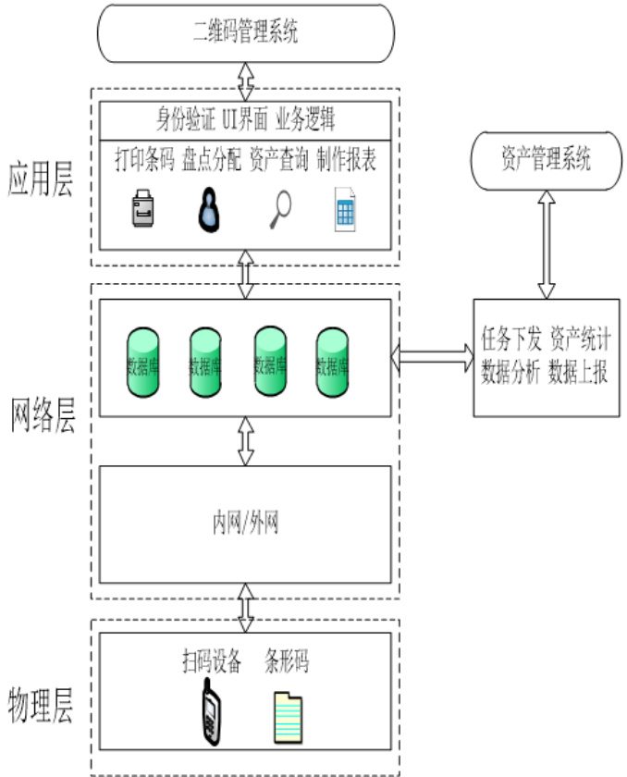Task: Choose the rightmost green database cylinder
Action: coord(332,361)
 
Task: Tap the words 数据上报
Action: coord(577,375)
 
